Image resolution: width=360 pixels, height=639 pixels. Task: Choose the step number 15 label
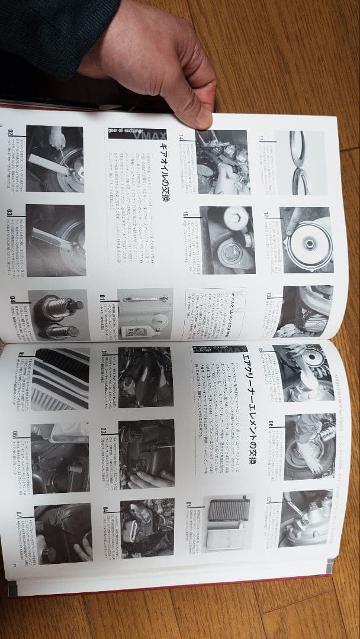[186, 214]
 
